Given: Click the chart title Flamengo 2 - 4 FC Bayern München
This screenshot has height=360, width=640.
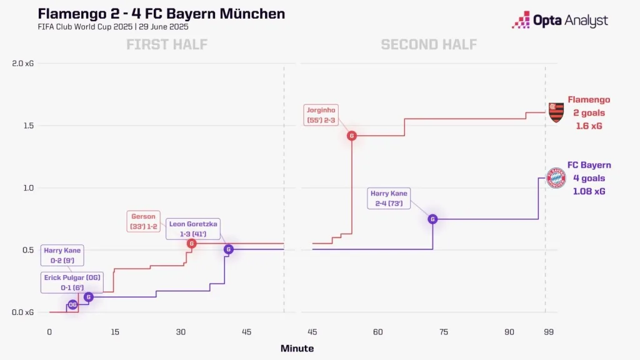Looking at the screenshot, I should click(x=161, y=13).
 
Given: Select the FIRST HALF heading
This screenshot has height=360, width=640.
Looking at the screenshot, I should click(x=167, y=44).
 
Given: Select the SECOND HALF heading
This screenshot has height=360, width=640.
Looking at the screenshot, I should click(x=429, y=44).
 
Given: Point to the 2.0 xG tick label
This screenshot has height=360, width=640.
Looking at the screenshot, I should click(x=22, y=63).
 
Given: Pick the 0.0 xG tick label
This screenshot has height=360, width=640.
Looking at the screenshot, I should click(x=22, y=312).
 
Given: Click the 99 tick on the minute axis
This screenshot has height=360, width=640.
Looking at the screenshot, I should click(x=548, y=332).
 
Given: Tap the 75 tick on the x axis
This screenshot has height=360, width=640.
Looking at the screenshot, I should click(x=444, y=332).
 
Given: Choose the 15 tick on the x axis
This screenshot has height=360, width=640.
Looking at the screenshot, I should click(x=115, y=332).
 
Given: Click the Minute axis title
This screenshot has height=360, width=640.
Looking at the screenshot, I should click(x=297, y=348).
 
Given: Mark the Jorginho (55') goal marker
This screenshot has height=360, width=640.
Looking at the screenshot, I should click(x=352, y=136).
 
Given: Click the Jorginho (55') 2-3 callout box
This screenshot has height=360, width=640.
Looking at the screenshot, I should click(x=322, y=114).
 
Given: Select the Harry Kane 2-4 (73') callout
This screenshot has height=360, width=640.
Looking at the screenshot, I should click(x=389, y=199).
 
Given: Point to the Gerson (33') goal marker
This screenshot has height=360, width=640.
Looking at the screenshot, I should click(x=192, y=244).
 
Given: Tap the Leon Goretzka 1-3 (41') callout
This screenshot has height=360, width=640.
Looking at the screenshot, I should click(x=194, y=229).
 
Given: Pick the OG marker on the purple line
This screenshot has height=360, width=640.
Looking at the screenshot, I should click(x=72, y=304).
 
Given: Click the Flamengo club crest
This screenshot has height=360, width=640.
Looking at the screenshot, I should click(x=556, y=112).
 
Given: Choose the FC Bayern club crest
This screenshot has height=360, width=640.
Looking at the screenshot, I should click(x=556, y=178).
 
